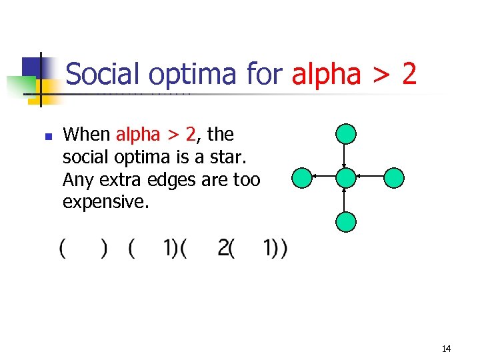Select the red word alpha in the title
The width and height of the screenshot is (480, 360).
pyautogui.click(x=326, y=74)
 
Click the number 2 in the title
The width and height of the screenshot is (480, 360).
pyautogui.click(x=409, y=74)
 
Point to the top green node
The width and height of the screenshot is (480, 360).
pyautogui.click(x=346, y=134)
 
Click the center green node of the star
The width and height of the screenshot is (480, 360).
pyautogui.click(x=346, y=177)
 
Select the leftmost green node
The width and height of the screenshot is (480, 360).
pyautogui.click(x=302, y=177)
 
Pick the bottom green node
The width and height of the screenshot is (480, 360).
pyautogui.click(x=346, y=221)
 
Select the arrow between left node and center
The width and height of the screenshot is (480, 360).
pyautogui.click(x=324, y=177)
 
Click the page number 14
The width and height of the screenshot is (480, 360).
pyautogui.click(x=446, y=349)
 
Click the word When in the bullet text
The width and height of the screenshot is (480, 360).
pyautogui.click(x=86, y=135)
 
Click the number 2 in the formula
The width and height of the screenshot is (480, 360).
pyautogui.click(x=223, y=249)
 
